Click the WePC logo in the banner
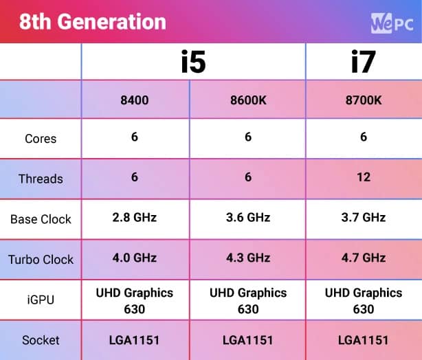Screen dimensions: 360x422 click(x=392, y=22)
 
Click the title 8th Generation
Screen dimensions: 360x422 click(x=92, y=22)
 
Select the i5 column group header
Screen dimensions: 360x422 click(x=193, y=63)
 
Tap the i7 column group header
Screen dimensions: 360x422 click(x=363, y=63)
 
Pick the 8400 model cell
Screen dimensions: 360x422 click(x=134, y=100)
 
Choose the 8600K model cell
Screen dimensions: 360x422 click(x=248, y=100)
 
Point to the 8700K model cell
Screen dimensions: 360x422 click(x=364, y=100)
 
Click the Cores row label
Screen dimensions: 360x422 click(x=41, y=139)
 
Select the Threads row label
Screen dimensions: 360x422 click(x=41, y=179)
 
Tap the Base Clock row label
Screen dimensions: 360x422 click(x=41, y=220)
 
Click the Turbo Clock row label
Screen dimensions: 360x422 click(x=41, y=260)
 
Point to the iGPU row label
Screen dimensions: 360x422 click(x=41, y=300)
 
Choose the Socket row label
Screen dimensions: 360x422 click(x=41, y=340)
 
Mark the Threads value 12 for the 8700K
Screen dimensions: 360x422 click(x=364, y=177)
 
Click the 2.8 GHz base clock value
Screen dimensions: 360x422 click(x=134, y=218)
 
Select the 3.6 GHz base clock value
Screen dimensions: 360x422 click(x=248, y=218)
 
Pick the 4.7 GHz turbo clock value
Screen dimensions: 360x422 click(x=364, y=258)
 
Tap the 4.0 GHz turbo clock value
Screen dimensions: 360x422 click(x=134, y=258)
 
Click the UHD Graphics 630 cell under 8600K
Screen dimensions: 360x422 click(x=248, y=300)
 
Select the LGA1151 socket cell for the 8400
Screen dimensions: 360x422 click(x=134, y=340)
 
